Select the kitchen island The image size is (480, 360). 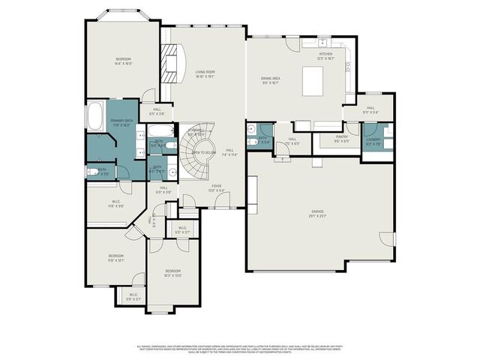click(313, 81)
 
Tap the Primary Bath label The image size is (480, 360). click(121, 122)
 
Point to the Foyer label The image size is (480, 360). click(216, 187)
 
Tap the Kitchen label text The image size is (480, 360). click(325, 55)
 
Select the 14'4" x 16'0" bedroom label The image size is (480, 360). click(123, 61)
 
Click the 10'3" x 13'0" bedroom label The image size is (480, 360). click(172, 273)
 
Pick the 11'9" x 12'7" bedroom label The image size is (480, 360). click(115, 259)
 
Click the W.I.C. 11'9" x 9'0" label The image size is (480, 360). click(115, 202)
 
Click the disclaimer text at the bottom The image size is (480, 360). click(240, 349)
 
